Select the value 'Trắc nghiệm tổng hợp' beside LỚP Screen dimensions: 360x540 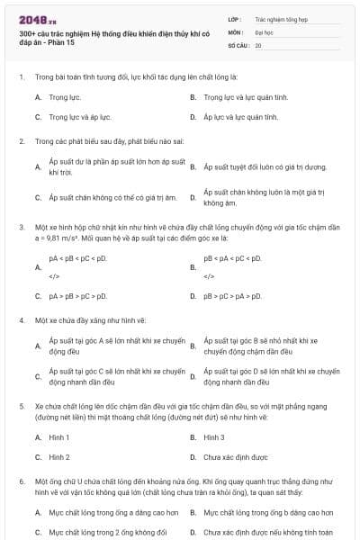[x=282, y=18]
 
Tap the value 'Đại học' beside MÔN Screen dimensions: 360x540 [x=265, y=31]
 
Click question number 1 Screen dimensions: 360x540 [x=22, y=76]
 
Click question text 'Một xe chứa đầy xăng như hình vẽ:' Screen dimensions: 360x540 [x=91, y=319]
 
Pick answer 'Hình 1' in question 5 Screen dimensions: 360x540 [x=59, y=437]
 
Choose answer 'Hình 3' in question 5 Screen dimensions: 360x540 [x=214, y=437]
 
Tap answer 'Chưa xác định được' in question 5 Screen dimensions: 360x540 [x=235, y=457]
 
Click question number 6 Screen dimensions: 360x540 [x=22, y=482]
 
